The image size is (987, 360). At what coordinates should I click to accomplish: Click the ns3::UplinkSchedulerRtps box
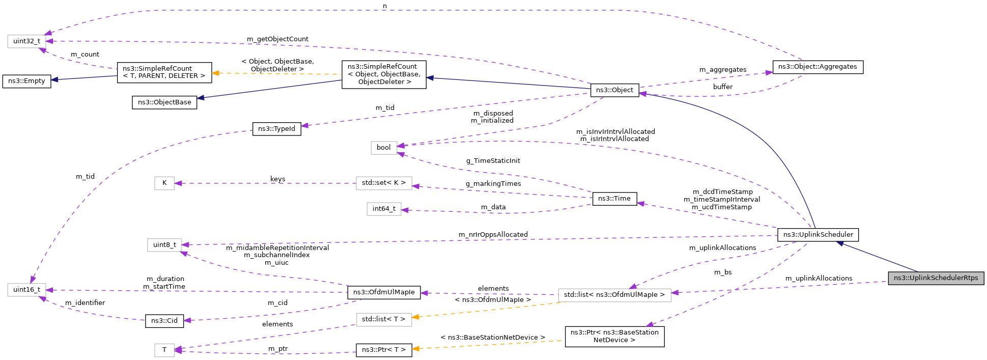pyautogui.click(x=936, y=278)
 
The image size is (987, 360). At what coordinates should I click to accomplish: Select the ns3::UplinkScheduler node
pyautogui.click(x=818, y=235)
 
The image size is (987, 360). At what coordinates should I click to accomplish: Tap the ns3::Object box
pyautogui.click(x=614, y=90)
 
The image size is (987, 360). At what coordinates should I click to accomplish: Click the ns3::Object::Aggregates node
pyautogui.click(x=817, y=67)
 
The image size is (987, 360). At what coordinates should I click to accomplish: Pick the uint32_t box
pyautogui.click(x=26, y=41)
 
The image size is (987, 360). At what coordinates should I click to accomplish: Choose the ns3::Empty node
pyautogui.click(x=26, y=81)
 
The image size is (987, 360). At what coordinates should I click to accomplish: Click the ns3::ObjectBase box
pyautogui.click(x=164, y=102)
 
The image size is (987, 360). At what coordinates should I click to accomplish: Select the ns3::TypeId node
pyautogui.click(x=276, y=129)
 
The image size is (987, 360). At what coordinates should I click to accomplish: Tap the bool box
pyautogui.click(x=383, y=148)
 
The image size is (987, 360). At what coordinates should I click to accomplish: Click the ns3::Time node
pyautogui.click(x=614, y=199)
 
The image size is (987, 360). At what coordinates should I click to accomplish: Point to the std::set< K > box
pyautogui.click(x=384, y=183)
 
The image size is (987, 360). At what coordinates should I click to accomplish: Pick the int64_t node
pyautogui.click(x=384, y=209)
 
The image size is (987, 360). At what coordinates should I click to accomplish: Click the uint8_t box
pyautogui.click(x=164, y=245)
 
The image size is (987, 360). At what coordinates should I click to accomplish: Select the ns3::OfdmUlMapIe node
pyautogui.click(x=384, y=292)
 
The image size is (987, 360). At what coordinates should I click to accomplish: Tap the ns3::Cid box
pyautogui.click(x=164, y=321)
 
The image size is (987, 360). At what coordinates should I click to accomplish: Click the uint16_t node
pyautogui.click(x=26, y=290)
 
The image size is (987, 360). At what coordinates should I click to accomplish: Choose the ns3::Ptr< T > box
pyautogui.click(x=384, y=350)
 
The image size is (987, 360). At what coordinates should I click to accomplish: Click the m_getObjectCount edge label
pyautogui.click(x=277, y=39)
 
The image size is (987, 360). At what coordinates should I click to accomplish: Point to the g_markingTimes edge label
pyautogui.click(x=493, y=184)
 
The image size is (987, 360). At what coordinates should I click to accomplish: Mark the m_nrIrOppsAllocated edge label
pyautogui.click(x=493, y=235)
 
